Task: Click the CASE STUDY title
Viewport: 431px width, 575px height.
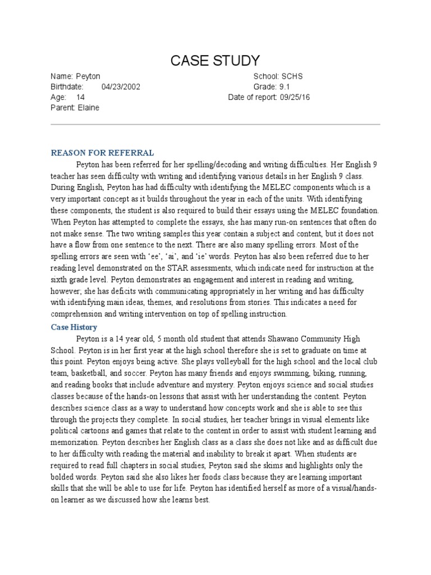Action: tap(215, 60)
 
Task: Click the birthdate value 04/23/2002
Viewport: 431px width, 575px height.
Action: tap(121, 86)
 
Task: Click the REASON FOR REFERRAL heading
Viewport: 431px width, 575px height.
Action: tap(103, 152)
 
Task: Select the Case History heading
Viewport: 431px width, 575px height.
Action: tap(74, 327)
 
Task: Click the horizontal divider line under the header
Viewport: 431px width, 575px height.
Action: tap(215, 125)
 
